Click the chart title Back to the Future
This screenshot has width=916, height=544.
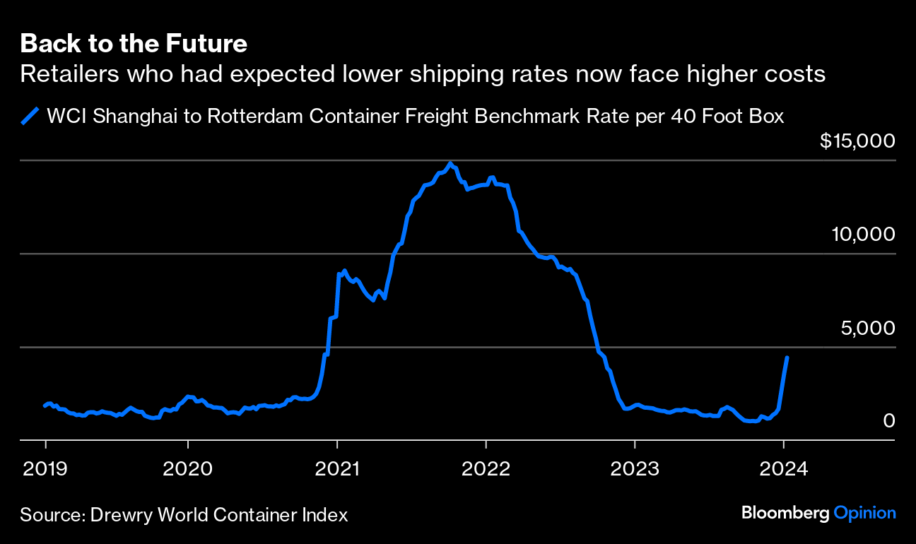(x=134, y=44)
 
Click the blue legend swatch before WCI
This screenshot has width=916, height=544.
(x=30, y=116)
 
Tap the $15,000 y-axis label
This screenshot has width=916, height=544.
(x=857, y=141)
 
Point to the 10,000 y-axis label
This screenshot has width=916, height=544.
(x=862, y=234)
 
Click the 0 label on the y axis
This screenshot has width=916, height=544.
(x=889, y=420)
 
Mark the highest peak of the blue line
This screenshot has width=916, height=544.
(x=451, y=163)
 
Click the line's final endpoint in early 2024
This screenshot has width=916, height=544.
(x=787, y=357)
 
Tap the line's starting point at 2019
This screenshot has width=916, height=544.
(x=45, y=406)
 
